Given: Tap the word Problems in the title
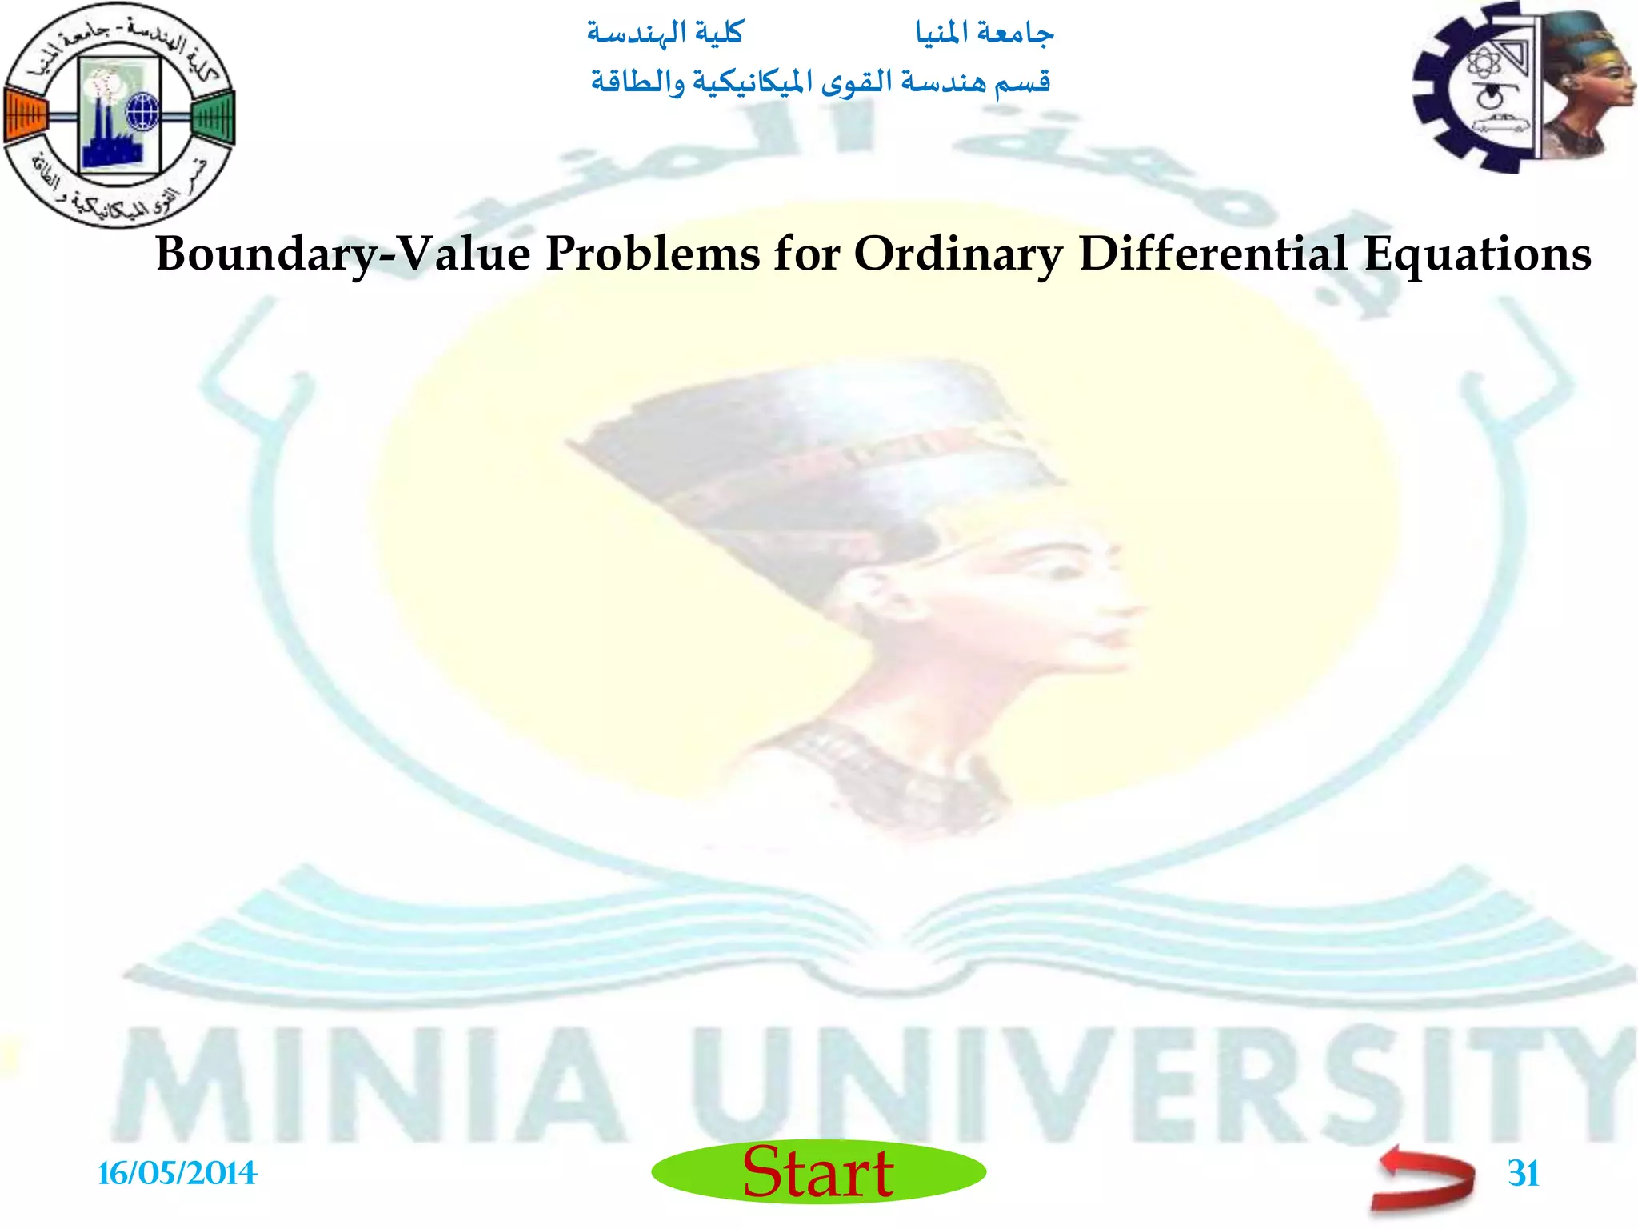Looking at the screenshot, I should pos(652,254).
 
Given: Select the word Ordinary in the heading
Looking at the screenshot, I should pos(958,254).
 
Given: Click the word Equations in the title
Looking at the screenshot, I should pos(1477,254).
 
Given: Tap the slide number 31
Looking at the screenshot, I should pos(1523,1174).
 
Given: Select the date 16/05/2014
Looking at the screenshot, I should pos(177,1174).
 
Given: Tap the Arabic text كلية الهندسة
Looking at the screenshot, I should pos(665,34).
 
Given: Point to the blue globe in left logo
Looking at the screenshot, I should pos(143,112).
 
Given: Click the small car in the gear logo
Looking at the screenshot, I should pos(1496,123).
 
